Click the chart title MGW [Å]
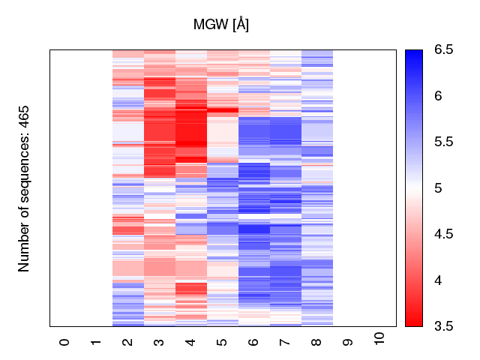click(x=221, y=25)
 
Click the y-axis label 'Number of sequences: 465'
click(x=24, y=188)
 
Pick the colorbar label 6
click(x=439, y=96)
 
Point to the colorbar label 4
click(x=439, y=280)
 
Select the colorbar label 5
click(x=439, y=188)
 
